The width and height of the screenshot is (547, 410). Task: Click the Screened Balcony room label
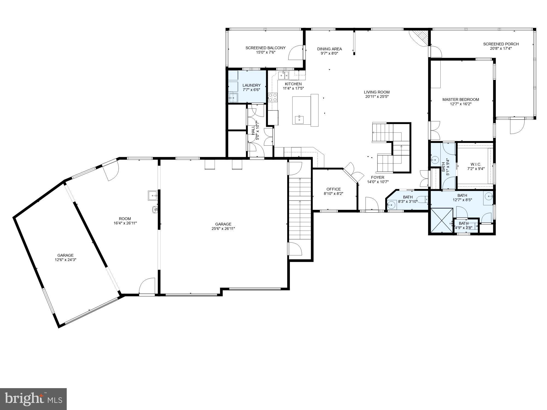click(x=265, y=48)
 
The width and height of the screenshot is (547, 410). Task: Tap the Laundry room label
click(x=251, y=85)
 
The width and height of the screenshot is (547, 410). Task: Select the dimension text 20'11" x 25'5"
click(x=377, y=96)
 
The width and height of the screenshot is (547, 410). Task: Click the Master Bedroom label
click(x=461, y=99)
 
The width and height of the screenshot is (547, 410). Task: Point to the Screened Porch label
click(x=501, y=44)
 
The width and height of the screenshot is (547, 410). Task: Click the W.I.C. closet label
click(x=476, y=164)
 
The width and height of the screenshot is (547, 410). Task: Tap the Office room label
click(x=333, y=189)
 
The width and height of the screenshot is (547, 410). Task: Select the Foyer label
click(x=377, y=177)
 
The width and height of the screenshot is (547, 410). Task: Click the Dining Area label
click(x=329, y=49)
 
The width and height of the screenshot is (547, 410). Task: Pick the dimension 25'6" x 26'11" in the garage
click(x=223, y=229)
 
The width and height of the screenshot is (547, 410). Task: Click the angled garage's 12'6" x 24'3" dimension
click(x=65, y=260)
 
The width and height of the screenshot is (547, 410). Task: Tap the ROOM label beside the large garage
click(x=125, y=219)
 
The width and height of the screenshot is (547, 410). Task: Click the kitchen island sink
click(x=299, y=119)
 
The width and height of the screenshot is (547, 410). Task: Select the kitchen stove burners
click(x=273, y=98)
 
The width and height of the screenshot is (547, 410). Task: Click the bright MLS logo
click(x=33, y=399)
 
